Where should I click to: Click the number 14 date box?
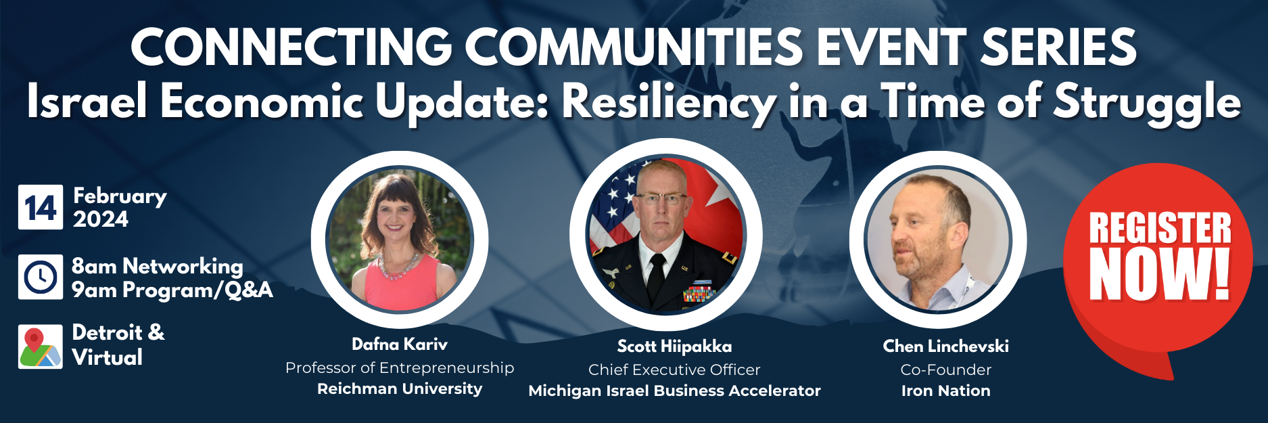[x=41, y=207]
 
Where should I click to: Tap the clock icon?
[x=41, y=277]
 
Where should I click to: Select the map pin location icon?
[x=41, y=347]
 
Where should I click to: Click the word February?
[x=120, y=196]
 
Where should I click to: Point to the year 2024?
[x=101, y=219]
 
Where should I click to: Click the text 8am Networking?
[x=158, y=266]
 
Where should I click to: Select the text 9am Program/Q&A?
[x=172, y=290]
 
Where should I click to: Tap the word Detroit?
[x=108, y=332]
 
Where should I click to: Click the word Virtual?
[x=108, y=357]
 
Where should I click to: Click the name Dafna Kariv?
[x=400, y=344]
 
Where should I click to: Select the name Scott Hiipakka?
[x=674, y=347]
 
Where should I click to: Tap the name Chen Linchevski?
[x=945, y=347]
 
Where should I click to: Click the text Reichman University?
[x=400, y=388]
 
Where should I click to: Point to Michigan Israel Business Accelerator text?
[x=674, y=391]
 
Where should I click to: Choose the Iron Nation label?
[x=945, y=391]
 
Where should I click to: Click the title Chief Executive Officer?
[x=674, y=370]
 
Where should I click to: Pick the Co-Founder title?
[x=945, y=370]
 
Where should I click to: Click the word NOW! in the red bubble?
[x=1159, y=273]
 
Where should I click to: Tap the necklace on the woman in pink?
[x=398, y=268]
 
